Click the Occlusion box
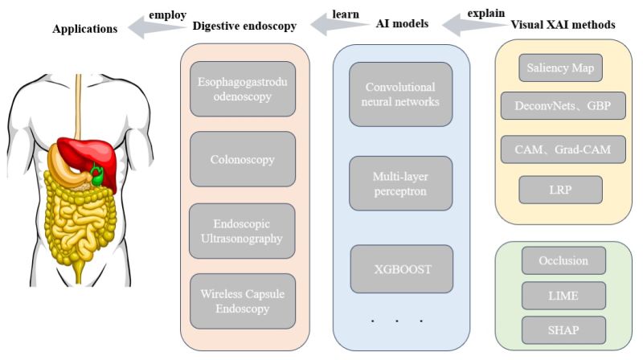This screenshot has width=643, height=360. pyautogui.click(x=563, y=261)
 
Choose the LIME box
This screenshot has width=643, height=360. pyautogui.click(x=563, y=297)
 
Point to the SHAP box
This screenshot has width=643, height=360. pyautogui.click(x=563, y=330)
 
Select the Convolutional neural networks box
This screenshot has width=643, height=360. pyautogui.click(x=401, y=95)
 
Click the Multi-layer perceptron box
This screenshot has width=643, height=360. pyautogui.click(x=401, y=183)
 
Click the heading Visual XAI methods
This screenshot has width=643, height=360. pyautogui.click(x=563, y=25)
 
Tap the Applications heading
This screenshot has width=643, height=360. pyautogui.click(x=84, y=29)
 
